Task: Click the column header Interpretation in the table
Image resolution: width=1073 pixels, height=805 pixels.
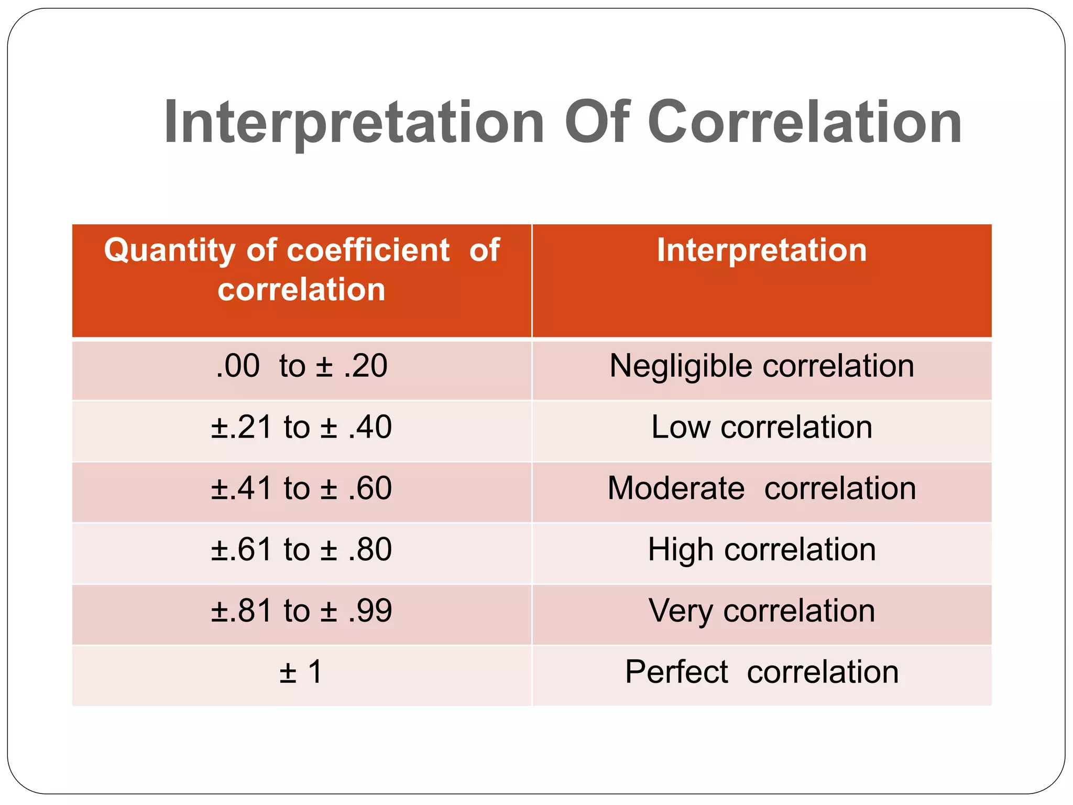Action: point(762,250)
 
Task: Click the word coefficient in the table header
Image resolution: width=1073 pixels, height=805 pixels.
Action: point(368,250)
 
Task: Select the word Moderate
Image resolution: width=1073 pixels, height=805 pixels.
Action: point(676,488)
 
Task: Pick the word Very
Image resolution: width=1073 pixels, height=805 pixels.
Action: point(681,612)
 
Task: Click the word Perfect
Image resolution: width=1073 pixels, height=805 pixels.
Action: point(676,672)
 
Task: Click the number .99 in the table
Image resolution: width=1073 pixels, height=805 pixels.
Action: point(370,611)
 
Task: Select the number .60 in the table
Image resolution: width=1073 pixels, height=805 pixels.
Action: point(370,488)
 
